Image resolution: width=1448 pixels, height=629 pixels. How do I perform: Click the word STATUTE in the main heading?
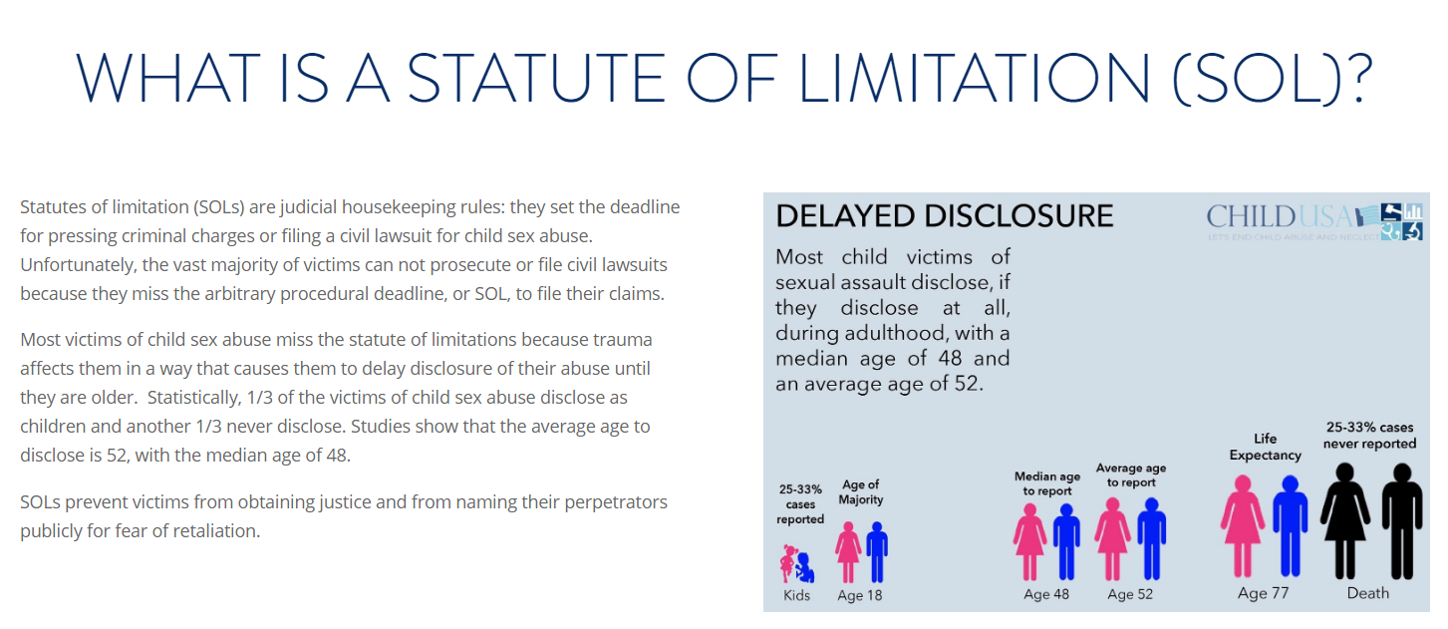click(x=536, y=78)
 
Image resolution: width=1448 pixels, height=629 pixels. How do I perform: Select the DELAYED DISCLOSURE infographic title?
click(x=945, y=216)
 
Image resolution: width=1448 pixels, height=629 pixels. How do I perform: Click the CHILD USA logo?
click(x=1314, y=221)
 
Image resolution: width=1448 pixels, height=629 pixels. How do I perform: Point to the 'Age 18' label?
click(x=860, y=595)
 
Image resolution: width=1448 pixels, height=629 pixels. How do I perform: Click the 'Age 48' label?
click(x=1046, y=594)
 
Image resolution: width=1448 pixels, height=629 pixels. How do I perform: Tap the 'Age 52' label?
click(x=1130, y=594)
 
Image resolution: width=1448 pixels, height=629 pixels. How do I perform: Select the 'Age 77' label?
click(x=1263, y=593)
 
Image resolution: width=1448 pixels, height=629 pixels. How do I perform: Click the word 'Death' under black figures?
click(x=1368, y=593)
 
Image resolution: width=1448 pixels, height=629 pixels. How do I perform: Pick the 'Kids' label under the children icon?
click(x=796, y=595)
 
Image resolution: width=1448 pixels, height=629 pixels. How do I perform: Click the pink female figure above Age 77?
click(x=1243, y=526)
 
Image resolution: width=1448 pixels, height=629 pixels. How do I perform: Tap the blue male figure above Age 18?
click(x=877, y=552)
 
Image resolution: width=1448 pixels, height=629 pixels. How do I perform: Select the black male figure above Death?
click(x=1402, y=521)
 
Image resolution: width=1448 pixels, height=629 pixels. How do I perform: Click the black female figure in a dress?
click(x=1345, y=521)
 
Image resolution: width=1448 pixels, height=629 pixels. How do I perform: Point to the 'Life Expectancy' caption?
click(x=1265, y=447)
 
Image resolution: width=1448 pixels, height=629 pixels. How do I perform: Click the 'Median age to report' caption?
click(x=1047, y=483)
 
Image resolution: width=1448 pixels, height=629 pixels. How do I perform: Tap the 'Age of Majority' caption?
click(x=860, y=492)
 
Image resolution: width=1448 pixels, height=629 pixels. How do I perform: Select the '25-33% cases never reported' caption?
click(x=1369, y=435)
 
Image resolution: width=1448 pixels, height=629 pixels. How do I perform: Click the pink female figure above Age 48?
click(x=1029, y=541)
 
